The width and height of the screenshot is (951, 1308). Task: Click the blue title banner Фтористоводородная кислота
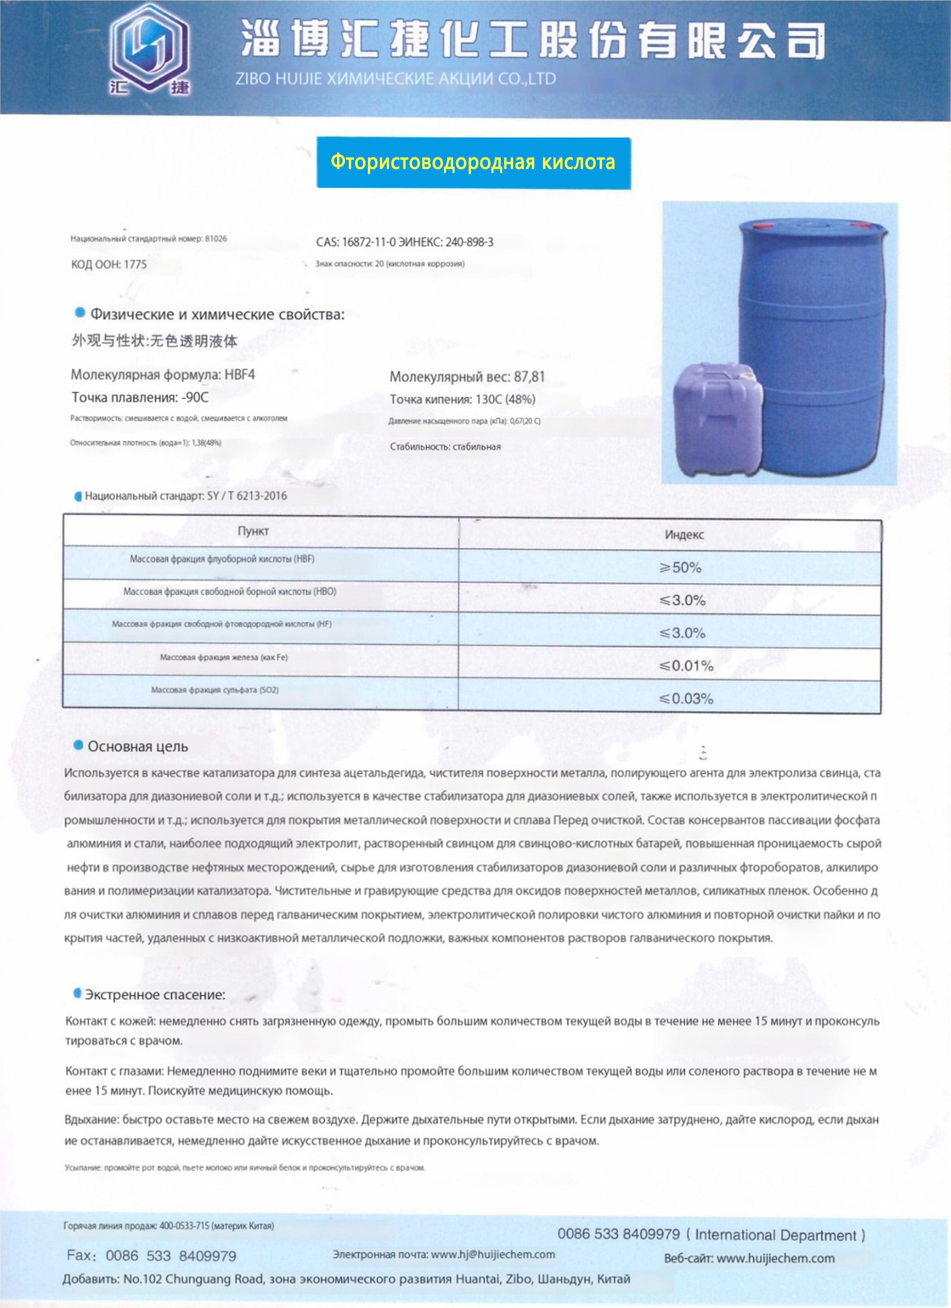[473, 162]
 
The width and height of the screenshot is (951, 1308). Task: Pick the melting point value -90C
[195, 397]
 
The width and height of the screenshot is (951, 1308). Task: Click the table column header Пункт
[253, 531]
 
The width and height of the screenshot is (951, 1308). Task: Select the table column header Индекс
[684, 535]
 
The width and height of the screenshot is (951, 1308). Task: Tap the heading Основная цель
[138, 746]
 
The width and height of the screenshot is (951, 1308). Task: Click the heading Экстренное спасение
[155, 995]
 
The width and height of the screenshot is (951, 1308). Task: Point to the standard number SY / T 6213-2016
[247, 496]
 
